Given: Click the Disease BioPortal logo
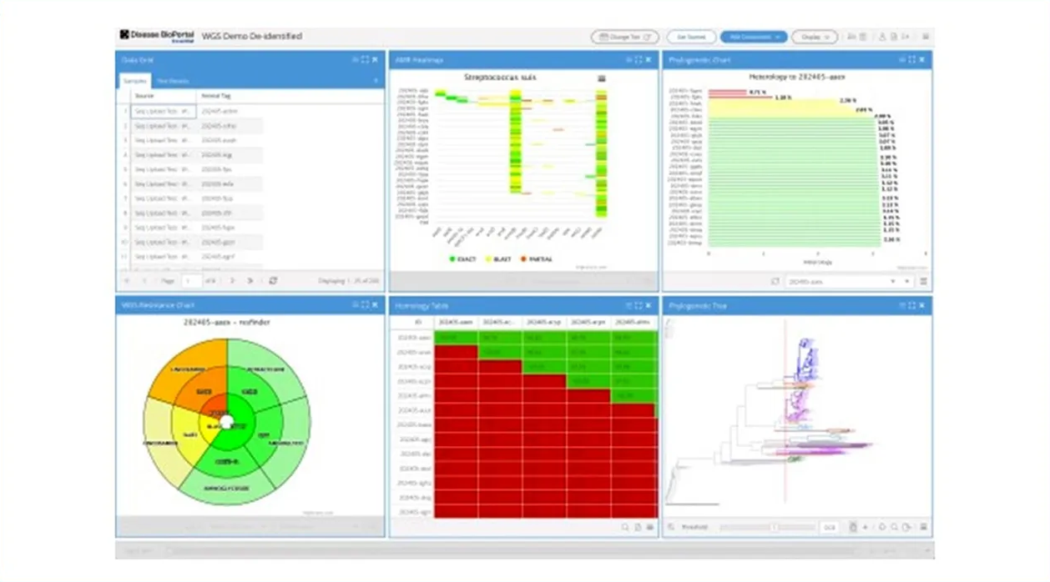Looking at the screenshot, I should click(157, 36).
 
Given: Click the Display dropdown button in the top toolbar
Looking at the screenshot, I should click(814, 37).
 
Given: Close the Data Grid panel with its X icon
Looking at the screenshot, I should click(375, 60).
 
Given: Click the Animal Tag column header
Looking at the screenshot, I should click(215, 96).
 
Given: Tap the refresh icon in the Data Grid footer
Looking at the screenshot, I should click(273, 281).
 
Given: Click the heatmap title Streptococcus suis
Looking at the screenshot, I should click(500, 78).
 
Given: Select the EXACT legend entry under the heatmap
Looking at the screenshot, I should click(462, 259).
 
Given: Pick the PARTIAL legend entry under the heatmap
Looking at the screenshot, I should click(536, 259).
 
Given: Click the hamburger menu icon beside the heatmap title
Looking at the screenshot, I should click(601, 78).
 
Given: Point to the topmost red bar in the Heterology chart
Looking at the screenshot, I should click(726, 92).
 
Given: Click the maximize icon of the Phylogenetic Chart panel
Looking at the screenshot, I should click(912, 60).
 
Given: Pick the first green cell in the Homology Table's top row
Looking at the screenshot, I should click(457, 337).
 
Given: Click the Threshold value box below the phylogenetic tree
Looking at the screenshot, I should click(830, 527).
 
